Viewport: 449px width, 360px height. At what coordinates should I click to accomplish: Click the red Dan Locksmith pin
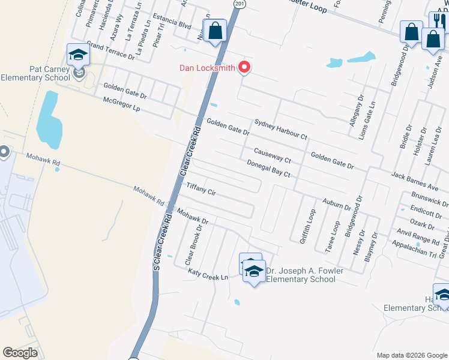[244, 67]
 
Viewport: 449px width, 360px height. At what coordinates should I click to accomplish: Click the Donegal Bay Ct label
[269, 168]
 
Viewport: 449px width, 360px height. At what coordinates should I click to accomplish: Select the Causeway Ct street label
[272, 156]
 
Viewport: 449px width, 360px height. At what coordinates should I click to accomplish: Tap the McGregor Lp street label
[121, 105]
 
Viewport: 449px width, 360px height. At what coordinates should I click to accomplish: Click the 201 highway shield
[240, 4]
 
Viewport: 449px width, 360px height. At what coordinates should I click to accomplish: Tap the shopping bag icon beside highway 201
[214, 30]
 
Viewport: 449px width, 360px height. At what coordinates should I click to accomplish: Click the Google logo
[20, 352]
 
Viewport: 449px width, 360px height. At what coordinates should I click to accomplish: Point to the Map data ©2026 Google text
[411, 355]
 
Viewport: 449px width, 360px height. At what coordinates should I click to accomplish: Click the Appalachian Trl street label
[414, 248]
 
